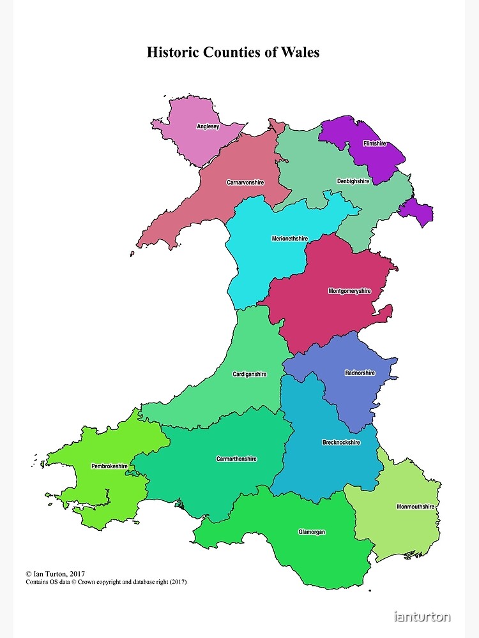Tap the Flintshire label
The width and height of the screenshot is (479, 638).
[374, 144]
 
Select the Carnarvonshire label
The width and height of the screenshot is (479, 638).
[245, 182]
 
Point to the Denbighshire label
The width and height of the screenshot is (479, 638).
[353, 181]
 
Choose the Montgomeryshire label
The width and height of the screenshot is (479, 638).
[349, 291]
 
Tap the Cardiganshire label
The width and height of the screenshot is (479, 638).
[250, 374]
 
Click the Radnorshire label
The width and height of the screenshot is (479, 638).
[360, 373]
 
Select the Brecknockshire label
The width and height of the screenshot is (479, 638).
[341, 442]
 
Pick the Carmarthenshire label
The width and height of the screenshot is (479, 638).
[236, 459]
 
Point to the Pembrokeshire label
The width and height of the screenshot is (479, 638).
[109, 466]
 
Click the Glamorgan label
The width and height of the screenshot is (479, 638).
[312, 531]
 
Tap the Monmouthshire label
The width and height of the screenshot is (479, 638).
[415, 507]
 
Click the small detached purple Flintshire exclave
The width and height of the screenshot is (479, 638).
[418, 211]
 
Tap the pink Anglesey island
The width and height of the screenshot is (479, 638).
[192, 137]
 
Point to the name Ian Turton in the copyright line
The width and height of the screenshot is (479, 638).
[54, 574]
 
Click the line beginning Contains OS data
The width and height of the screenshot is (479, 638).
[106, 582]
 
